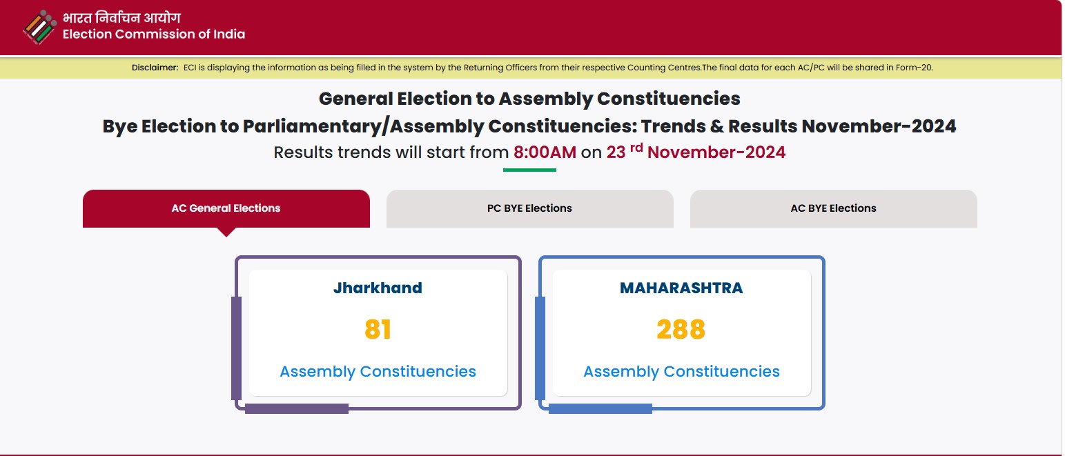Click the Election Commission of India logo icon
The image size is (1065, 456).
40,27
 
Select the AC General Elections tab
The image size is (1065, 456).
226,208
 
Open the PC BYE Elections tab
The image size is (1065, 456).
529,208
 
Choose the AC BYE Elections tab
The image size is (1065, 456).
834,208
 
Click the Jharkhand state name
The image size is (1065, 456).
378,288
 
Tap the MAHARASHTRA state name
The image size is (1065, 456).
681,288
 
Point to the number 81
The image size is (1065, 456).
378,329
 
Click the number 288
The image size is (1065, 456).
681,329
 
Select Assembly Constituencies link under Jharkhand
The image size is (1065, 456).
378,371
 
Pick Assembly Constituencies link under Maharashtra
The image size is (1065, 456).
681,371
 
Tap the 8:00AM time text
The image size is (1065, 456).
545,152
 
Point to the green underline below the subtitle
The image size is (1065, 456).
529,170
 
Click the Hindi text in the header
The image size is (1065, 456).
121,17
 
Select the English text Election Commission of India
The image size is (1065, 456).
154,34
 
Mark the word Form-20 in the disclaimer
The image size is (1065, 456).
914,68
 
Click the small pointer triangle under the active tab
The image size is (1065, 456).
226,232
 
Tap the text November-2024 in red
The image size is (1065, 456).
716,152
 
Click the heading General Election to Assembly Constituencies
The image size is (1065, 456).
529,99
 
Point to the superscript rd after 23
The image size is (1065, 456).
636,148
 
